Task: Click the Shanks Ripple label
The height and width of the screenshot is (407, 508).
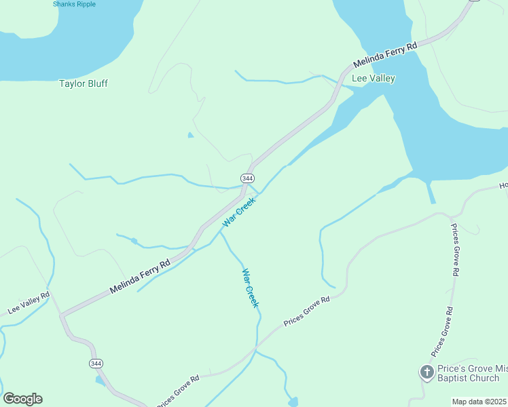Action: pos(74,4)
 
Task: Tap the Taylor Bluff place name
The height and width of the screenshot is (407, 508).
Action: pos(84,83)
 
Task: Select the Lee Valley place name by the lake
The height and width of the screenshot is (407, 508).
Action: pos(373,78)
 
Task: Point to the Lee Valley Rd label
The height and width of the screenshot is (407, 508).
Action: pos(29,303)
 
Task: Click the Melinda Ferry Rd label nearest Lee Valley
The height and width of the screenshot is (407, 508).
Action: pos(385,57)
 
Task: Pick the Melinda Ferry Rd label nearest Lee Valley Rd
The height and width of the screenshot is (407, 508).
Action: pos(140,277)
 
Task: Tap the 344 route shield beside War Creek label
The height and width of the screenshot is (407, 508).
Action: pos(247,178)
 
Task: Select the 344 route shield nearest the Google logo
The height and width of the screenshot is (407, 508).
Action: pos(96,364)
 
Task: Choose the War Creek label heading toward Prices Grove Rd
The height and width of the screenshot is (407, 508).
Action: pos(251,288)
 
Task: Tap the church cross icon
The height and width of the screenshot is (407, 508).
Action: pos(426,372)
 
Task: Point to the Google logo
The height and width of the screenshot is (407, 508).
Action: pos(22,399)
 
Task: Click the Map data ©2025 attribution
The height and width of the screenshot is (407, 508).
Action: pos(479,402)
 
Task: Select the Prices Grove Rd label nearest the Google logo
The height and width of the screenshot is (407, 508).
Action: pos(178,391)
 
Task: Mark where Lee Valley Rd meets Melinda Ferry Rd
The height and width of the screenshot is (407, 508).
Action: pos(61,315)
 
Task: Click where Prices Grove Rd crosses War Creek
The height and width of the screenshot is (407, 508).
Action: pos(256,349)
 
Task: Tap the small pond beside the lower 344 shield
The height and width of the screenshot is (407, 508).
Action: pos(100,381)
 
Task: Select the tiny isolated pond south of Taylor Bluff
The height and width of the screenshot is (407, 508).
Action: pos(190,135)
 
